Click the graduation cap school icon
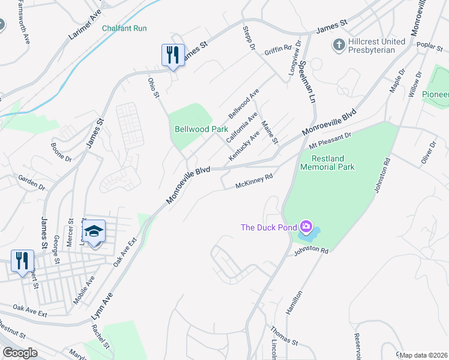coord(94,231)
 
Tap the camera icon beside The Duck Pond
coord(306,227)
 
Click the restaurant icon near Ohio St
coord(172,55)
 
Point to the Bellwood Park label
coord(193,129)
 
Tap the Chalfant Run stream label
coord(124,28)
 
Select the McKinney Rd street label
coord(255,181)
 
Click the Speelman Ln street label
coord(307,82)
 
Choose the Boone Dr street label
coord(61,152)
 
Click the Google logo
coord(20,353)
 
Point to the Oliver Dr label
coord(427,152)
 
